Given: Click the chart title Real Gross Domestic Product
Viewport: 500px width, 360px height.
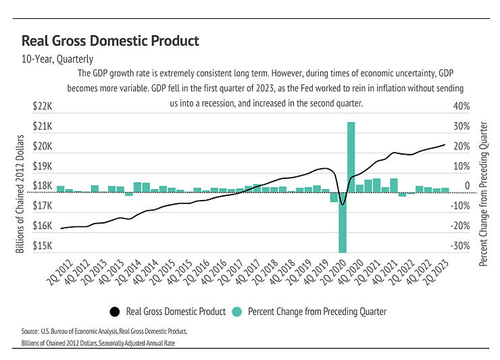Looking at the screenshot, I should [110, 41].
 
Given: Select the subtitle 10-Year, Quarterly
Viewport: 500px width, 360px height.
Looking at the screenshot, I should [57, 59].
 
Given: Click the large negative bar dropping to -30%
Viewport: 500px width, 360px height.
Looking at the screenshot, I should [343, 223].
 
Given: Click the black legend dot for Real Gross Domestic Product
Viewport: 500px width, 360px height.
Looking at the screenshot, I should [114, 311].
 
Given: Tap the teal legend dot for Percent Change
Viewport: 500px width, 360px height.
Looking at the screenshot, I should [236, 311].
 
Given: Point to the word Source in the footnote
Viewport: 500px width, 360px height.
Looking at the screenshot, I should [30, 332].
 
